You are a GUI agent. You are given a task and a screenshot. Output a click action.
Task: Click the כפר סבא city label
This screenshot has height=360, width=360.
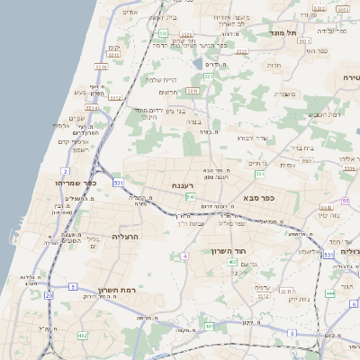coord(258,197)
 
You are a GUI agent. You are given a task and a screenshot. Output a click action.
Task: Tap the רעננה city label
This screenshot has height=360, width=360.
coord(184,185)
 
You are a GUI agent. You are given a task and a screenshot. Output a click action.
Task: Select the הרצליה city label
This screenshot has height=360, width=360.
coord(129,236)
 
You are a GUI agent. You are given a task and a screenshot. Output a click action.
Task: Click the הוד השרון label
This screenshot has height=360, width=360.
coord(229,251)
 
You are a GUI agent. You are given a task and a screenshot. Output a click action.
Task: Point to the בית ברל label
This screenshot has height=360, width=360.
coord(301,148)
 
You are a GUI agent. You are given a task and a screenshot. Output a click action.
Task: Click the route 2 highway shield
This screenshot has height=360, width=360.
coord(65,170)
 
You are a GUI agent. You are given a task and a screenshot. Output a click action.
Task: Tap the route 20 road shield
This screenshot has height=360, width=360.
coord(49,294)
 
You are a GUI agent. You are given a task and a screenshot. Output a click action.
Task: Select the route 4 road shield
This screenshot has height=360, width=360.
coord(184,256)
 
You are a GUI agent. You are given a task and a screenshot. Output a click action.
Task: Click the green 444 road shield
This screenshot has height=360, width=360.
coord(330,292)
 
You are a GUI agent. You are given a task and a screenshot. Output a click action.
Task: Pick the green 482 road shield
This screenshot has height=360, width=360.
coord(83,336)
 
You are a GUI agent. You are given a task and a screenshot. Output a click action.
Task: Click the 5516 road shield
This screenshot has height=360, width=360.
coord(101,66)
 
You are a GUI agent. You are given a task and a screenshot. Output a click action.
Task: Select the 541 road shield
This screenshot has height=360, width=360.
coord(191,196)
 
